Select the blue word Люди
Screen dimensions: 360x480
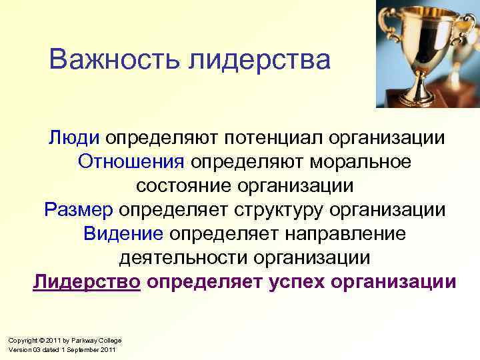(x=73, y=137)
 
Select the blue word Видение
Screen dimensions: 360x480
(x=123, y=233)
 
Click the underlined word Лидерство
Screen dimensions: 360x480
(x=87, y=281)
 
